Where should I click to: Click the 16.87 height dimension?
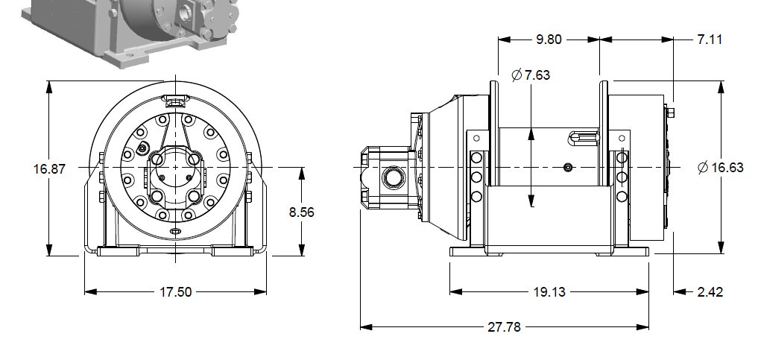[x=49, y=168]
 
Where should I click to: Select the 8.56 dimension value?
[x=302, y=212]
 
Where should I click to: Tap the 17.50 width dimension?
[x=175, y=291]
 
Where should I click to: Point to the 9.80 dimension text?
[x=549, y=40]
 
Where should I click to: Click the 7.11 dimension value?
[x=710, y=40]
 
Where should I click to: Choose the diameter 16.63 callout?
[x=720, y=168]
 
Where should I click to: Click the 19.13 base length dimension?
[x=549, y=291]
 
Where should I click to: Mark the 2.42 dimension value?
[x=710, y=291]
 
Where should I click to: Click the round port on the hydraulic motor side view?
[x=391, y=178]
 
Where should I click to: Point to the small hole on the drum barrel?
[x=568, y=168]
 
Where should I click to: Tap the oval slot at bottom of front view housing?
[x=175, y=232]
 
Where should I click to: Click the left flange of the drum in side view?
[x=493, y=134]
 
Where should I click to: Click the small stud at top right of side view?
[x=672, y=113]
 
